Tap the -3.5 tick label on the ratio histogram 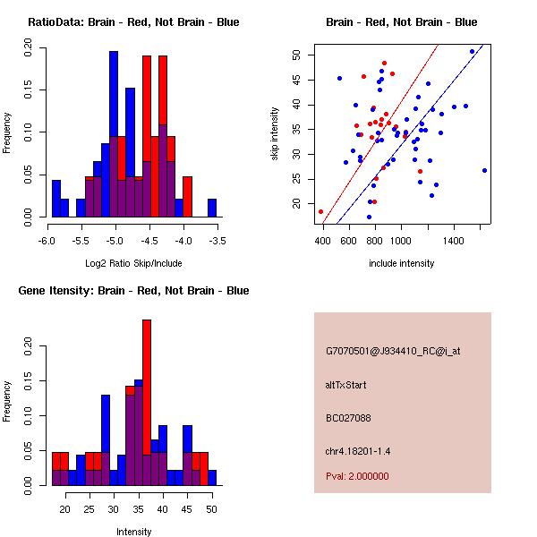[x=217, y=241]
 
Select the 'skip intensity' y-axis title [x=277, y=133]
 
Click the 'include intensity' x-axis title [x=401, y=263]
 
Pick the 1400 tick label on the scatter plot [x=454, y=241]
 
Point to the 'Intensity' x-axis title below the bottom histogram [x=134, y=532]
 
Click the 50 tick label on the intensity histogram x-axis [x=211, y=509]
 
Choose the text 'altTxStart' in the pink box [x=345, y=386]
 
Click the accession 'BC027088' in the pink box [x=346, y=418]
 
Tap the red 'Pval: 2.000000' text [x=357, y=476]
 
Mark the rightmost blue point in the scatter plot [x=484, y=170]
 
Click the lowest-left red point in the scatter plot [x=320, y=211]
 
